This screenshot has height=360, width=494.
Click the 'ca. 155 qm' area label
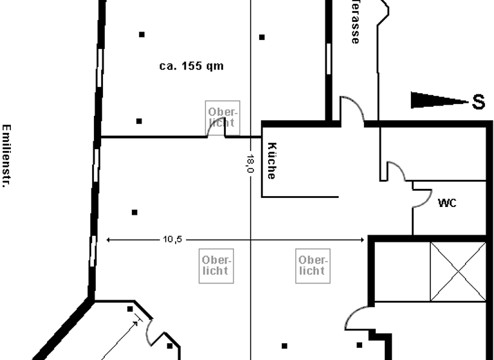192,66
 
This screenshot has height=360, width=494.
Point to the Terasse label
354,22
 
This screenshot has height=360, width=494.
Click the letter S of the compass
478,102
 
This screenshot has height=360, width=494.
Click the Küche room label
271,161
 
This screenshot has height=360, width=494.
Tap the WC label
447,203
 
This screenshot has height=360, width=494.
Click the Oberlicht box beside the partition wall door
221,117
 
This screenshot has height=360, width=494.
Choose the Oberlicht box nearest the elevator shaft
312,265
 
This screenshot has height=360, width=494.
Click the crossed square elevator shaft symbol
458,272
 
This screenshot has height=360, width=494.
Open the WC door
422,197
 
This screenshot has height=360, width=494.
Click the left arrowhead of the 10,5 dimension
109,240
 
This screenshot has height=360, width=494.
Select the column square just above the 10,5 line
134,212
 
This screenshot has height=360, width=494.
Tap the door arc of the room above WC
394,171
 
